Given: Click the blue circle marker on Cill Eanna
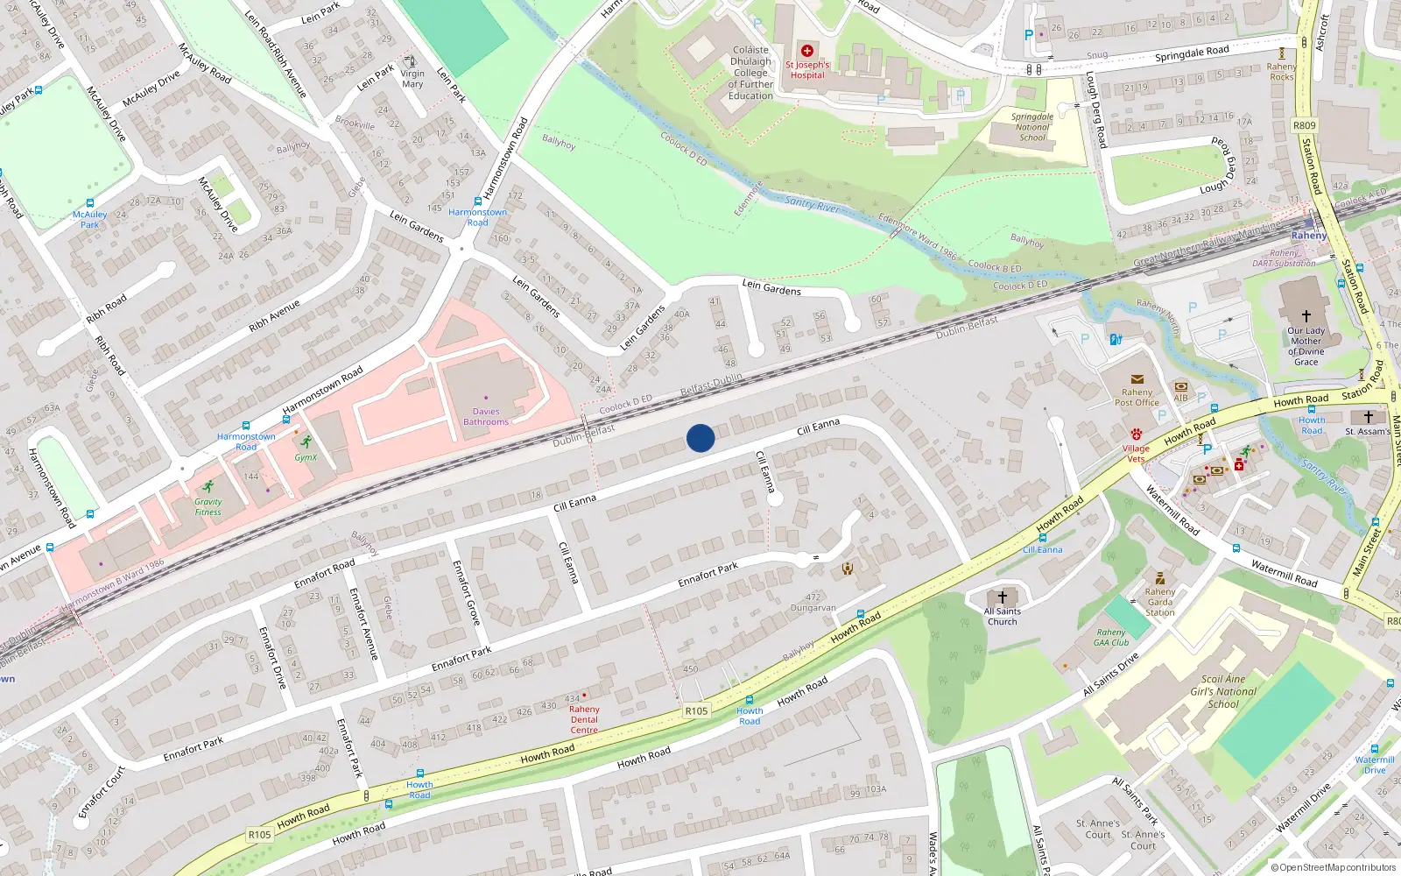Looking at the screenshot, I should (700, 438).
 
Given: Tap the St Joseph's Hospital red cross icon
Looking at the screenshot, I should (806, 51).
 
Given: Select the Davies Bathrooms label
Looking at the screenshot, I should (486, 417).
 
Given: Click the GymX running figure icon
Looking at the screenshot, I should (306, 442).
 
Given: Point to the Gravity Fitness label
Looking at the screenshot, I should (208, 507).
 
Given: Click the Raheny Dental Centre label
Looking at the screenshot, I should (584, 719).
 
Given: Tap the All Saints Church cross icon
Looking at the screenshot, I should (1003, 597).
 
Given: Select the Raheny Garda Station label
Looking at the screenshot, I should (1160, 602).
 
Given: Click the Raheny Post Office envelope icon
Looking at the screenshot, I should (1137, 379).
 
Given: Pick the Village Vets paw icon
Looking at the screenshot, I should (1136, 434).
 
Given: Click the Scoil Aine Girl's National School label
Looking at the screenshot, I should (1223, 691).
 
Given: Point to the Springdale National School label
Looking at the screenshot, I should (1032, 127).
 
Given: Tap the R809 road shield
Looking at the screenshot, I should (1304, 125).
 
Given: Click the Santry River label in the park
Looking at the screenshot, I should (813, 205).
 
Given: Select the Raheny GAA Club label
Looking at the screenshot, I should (1111, 637).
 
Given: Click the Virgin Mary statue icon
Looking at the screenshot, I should (411, 61).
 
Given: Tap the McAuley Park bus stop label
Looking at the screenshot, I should (89, 219).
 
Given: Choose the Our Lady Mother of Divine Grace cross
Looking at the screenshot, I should (1306, 316).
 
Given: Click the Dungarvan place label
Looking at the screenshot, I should (813, 608).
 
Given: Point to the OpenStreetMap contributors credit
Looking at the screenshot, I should (1333, 867).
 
